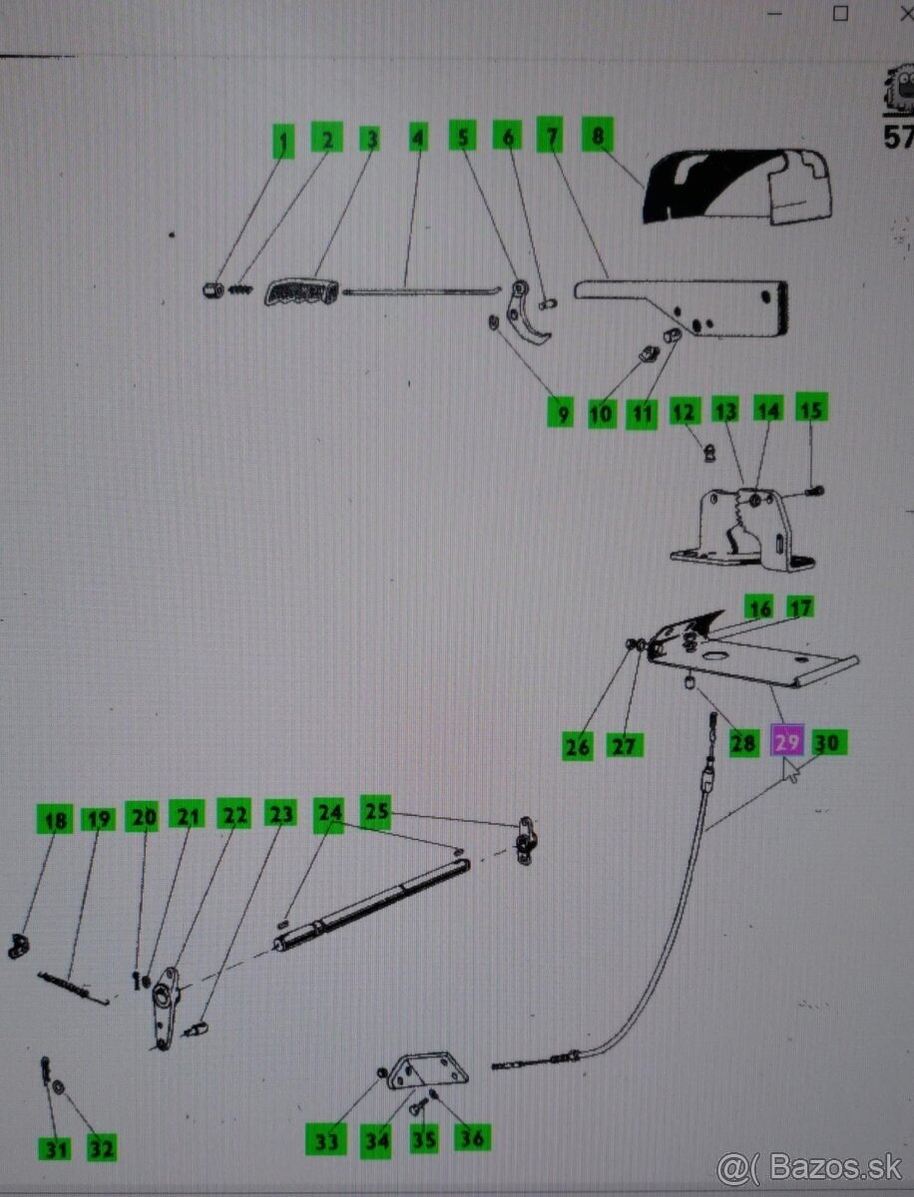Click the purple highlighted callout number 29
coord(787,742)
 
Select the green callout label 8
coord(597,135)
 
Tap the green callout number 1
coord(283,142)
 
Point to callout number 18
coord(55,821)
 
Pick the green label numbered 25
coord(376,812)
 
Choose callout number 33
coord(326,1140)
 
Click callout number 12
coord(684,412)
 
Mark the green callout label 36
coord(472,1138)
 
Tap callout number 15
coord(811,408)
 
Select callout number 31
coord(55,1148)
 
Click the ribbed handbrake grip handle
coord(301,292)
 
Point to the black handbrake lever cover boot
coord(737,186)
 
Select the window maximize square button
coord(841,14)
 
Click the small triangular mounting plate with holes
coord(428,1071)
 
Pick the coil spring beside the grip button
coord(240,289)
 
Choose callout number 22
coord(233,814)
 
